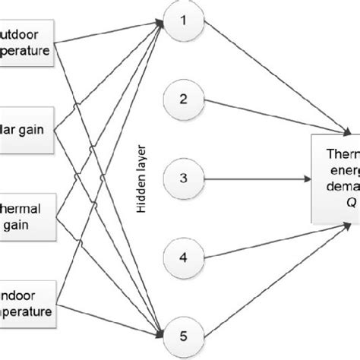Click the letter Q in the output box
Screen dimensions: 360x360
[352, 204]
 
